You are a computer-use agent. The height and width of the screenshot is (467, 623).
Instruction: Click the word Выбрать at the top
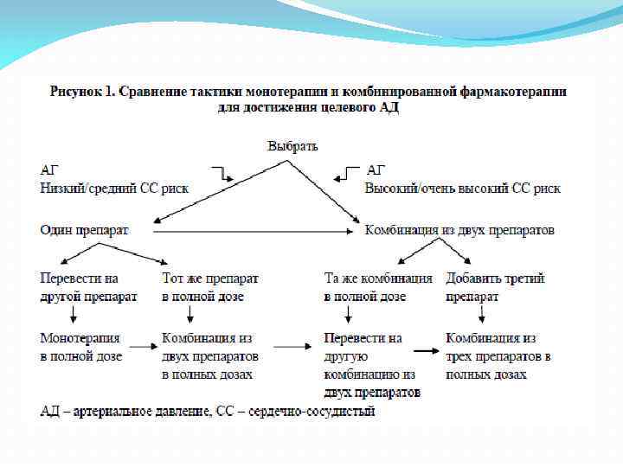coord(292,144)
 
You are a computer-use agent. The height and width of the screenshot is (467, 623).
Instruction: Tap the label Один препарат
coord(84,231)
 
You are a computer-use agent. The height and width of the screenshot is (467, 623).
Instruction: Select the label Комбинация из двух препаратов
coord(459,231)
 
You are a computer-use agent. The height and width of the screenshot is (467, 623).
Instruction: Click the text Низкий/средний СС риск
coord(114,188)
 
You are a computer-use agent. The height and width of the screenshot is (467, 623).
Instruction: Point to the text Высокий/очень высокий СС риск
coord(462,188)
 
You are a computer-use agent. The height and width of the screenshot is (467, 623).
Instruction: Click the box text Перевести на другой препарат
coord(88,288)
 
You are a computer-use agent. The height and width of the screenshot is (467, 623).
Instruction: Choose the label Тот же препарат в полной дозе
coord(209,288)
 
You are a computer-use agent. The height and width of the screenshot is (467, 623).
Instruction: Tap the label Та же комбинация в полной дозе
coord(378,288)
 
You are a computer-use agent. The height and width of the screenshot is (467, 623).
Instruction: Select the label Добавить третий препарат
coord(495,288)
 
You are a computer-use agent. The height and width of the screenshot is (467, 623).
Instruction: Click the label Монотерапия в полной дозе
coord(81,347)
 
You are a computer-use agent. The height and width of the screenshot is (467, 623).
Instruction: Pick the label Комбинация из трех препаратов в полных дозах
coord(498,356)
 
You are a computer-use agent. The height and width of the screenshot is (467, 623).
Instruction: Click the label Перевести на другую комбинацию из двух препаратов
coord(372,365)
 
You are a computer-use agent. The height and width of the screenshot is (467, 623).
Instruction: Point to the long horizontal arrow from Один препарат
coord(251,231)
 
